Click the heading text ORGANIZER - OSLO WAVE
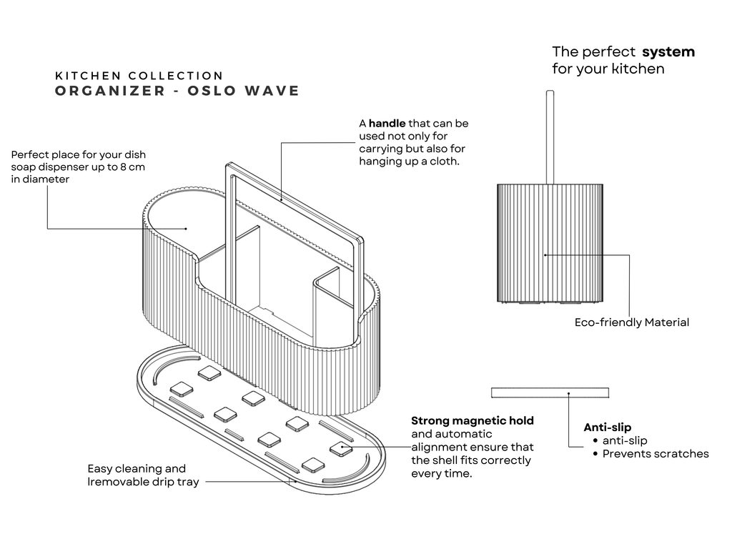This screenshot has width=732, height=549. coord(177,91)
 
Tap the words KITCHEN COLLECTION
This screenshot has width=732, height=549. coord(139,75)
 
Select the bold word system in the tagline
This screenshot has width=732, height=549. coord(668,51)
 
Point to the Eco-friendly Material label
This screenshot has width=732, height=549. coord(632,322)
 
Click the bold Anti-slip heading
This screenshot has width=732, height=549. coord(607,427)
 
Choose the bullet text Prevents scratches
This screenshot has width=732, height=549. coord(656,453)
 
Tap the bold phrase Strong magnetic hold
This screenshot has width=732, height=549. coord(472,420)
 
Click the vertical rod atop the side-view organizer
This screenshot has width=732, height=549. coord(549,137)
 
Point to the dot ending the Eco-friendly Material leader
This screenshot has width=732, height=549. coord(545,254)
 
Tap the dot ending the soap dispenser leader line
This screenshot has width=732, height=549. coord(186,229)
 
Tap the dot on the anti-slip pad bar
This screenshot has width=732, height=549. coord(569,392)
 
